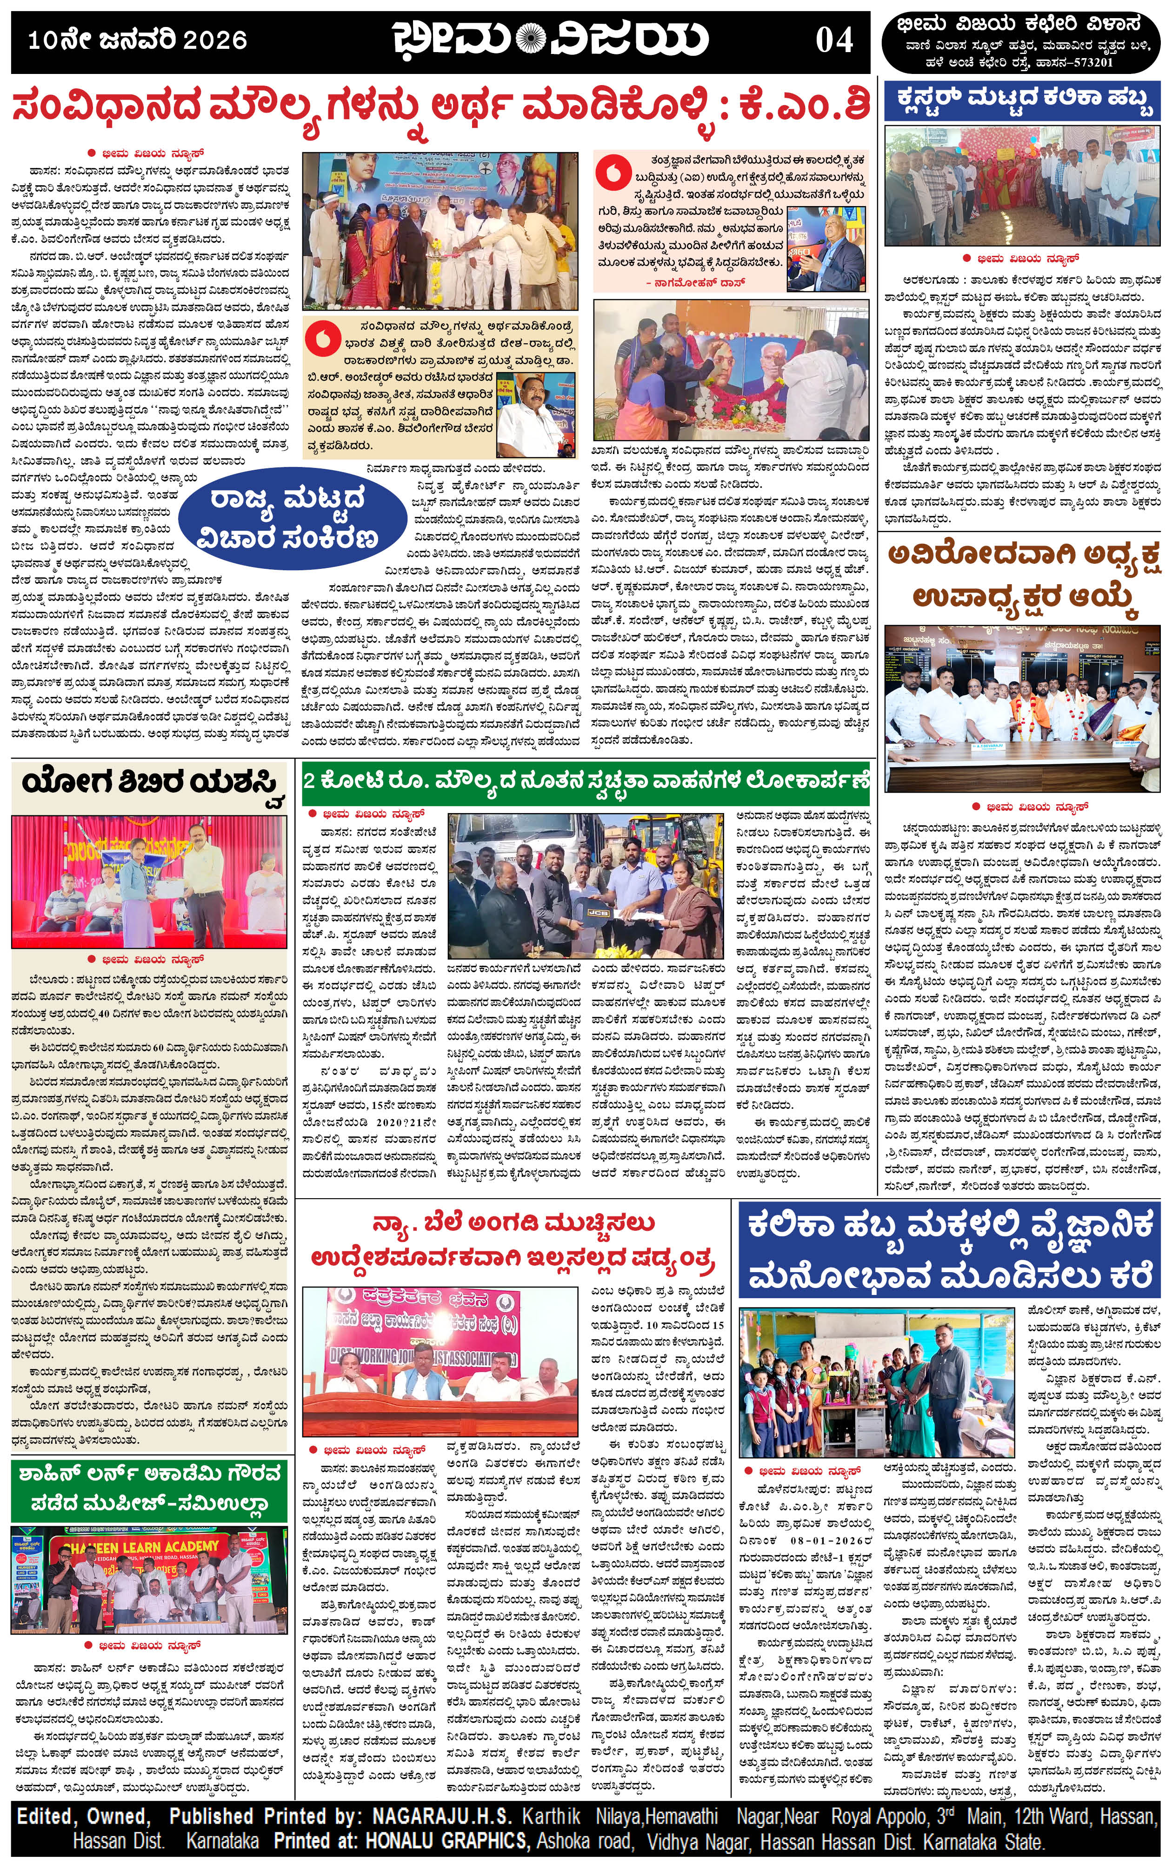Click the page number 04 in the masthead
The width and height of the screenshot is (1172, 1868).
[x=834, y=40]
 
